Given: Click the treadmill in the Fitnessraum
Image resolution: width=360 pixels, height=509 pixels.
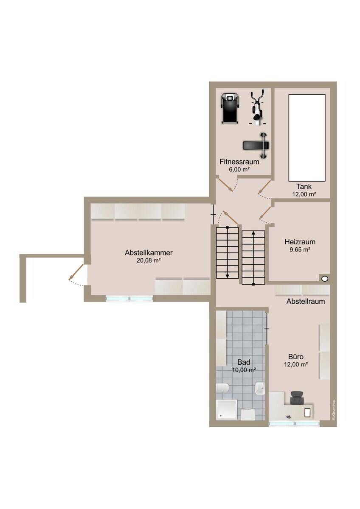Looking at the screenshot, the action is pyautogui.click(x=230, y=109).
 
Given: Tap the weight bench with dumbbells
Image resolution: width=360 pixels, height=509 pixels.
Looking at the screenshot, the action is pyautogui.click(x=256, y=145).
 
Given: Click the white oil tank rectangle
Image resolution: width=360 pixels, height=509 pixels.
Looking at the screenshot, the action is pyautogui.click(x=307, y=138).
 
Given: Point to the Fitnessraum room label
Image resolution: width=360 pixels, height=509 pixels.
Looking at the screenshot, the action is pyautogui.click(x=239, y=162).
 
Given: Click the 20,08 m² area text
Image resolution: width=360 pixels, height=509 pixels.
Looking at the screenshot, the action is pyautogui.click(x=149, y=260).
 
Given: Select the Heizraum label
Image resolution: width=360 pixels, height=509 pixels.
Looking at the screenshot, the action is pyautogui.click(x=300, y=241).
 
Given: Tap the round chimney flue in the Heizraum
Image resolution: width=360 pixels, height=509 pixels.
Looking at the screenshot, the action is pyautogui.click(x=325, y=278).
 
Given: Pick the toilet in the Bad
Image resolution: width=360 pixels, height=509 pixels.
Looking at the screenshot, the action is pyautogui.click(x=222, y=388).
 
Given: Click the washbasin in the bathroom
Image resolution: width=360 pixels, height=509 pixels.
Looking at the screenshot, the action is pyautogui.click(x=260, y=388).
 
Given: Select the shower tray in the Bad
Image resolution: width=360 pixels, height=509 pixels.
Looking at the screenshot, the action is pyautogui.click(x=227, y=410).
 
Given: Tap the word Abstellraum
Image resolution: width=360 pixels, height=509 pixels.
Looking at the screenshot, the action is pyautogui.click(x=305, y=301).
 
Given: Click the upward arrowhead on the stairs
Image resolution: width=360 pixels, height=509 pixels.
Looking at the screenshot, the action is pyautogui.click(x=253, y=232).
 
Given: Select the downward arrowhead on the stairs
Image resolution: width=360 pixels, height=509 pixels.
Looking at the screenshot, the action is pyautogui.click(x=227, y=276).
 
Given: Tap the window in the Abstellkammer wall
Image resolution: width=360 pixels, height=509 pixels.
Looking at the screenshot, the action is pyautogui.click(x=129, y=298).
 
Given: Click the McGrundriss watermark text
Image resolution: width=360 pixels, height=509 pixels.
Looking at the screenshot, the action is pyautogui.click(x=334, y=410).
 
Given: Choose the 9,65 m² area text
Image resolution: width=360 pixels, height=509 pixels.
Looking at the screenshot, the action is pyautogui.click(x=300, y=249).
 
